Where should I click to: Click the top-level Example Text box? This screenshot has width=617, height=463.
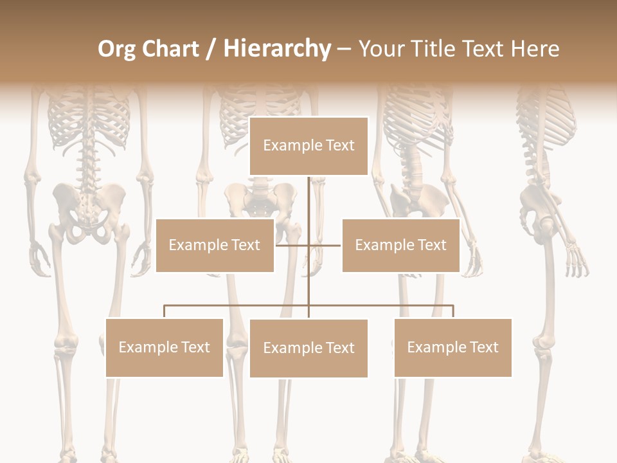(x=308, y=146)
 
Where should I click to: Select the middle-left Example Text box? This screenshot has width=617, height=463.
(x=215, y=245)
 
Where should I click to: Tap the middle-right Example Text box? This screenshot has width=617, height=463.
(x=400, y=245)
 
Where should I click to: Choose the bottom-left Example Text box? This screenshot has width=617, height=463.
(x=165, y=347)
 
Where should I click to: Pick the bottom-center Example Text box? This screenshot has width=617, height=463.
(x=308, y=348)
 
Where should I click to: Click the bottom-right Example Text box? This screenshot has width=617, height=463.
(x=452, y=347)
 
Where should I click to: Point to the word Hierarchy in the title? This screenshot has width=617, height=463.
(x=277, y=49)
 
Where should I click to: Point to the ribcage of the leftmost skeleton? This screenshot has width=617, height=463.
(x=90, y=119)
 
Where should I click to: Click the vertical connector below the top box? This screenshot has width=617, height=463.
(x=308, y=199)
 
